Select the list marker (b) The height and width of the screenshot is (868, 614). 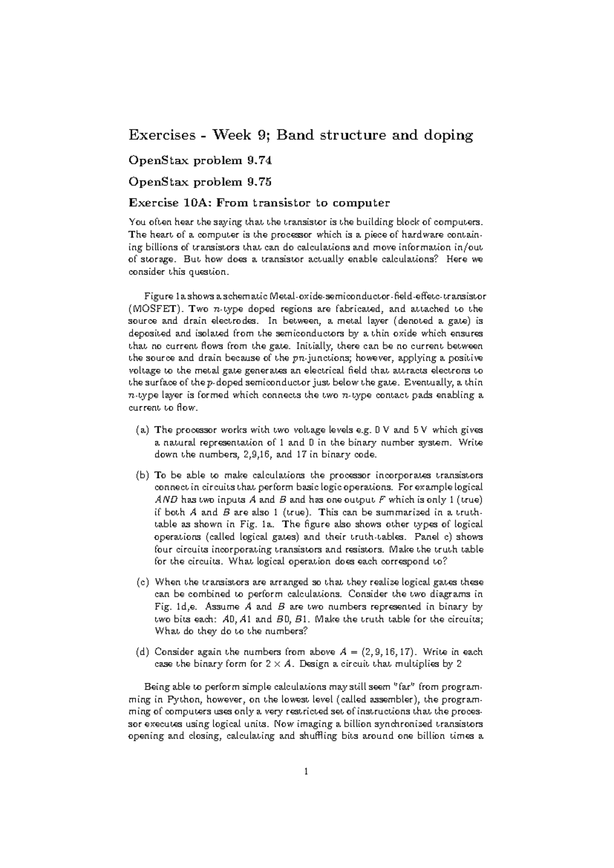coord(143,475)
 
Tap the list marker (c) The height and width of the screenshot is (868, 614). coord(143,582)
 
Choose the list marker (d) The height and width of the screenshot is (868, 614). coord(143,652)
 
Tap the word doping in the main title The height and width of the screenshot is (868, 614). coord(447,136)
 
